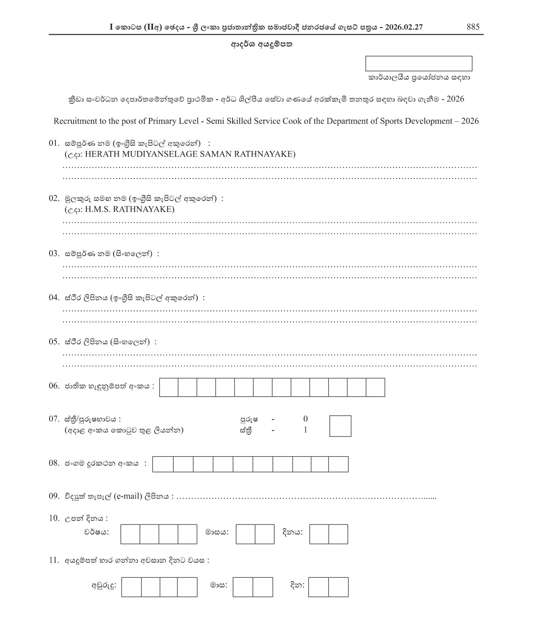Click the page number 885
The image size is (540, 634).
(x=473, y=27)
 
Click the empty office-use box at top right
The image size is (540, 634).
(x=418, y=63)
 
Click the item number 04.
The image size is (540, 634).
(x=54, y=298)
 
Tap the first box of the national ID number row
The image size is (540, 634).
(x=169, y=387)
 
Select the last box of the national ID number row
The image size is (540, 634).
(x=375, y=387)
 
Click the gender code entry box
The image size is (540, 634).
(x=340, y=426)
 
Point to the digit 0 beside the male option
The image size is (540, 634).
(x=305, y=419)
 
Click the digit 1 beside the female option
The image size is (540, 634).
(x=305, y=431)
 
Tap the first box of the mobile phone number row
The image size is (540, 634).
(x=163, y=464)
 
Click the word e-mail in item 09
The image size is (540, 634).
(x=128, y=496)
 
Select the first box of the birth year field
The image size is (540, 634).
(x=130, y=534)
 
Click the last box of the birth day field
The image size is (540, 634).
(x=338, y=534)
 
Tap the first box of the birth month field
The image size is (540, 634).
(x=245, y=534)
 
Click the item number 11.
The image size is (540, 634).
(x=54, y=560)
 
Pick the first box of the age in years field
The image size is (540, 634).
(x=131, y=587)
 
